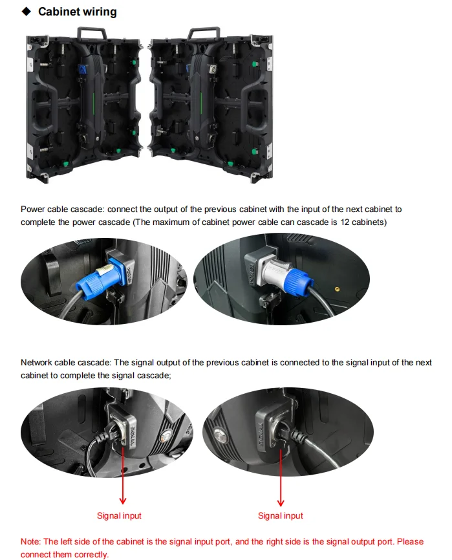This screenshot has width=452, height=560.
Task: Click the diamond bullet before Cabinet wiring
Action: (x=27, y=12)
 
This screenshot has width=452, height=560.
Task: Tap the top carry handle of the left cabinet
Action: (x=92, y=33)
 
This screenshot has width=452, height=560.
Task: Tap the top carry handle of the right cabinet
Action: (x=204, y=33)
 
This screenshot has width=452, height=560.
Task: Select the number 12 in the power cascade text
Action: (x=345, y=222)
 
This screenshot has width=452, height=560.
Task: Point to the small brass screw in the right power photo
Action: (x=337, y=288)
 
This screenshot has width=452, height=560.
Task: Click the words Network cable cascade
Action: (x=66, y=363)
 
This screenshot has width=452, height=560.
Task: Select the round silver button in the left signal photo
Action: (x=165, y=435)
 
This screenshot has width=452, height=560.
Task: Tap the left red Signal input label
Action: (x=119, y=516)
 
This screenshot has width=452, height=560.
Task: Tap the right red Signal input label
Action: (x=281, y=516)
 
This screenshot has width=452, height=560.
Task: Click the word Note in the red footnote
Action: (x=30, y=541)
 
